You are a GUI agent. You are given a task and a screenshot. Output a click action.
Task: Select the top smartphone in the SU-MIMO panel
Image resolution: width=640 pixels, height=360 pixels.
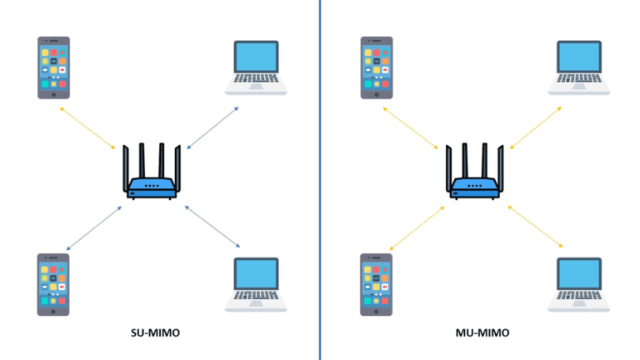point(53,67)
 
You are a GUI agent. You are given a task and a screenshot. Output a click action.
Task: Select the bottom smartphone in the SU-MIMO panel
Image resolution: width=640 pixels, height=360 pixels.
point(53,284)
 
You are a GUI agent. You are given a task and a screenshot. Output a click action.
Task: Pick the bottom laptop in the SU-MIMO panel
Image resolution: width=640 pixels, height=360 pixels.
point(256,284)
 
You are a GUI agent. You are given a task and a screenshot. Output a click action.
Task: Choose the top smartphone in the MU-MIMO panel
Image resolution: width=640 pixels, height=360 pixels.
point(377,67)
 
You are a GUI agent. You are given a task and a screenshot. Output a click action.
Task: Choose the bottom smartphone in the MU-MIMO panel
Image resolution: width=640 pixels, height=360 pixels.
point(377,284)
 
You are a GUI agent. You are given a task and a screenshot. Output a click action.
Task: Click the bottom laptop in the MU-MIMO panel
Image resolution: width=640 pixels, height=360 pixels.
point(579,284)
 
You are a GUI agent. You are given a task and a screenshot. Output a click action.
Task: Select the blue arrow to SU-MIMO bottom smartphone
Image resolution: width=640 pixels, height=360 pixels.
point(93,227)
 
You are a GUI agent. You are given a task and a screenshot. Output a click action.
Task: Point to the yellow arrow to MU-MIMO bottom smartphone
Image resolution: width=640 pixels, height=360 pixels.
point(417,227)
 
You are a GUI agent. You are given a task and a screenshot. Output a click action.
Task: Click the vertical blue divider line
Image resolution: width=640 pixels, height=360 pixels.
point(319,180)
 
